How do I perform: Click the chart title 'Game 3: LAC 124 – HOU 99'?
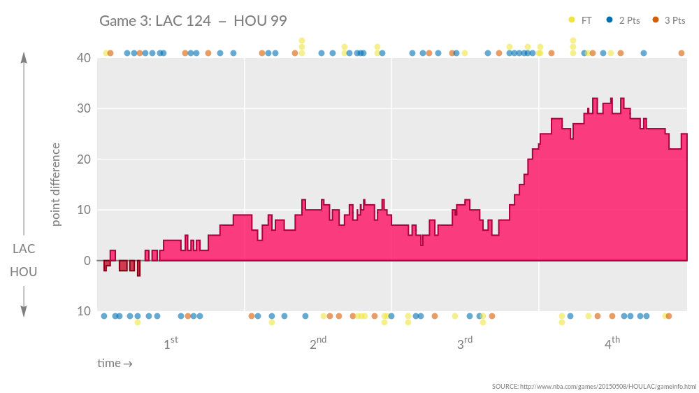[193, 20]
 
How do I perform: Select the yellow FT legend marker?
[572, 20]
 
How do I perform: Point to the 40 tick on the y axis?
[84, 58]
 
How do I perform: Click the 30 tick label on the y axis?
[84, 108]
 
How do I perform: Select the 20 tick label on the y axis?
[84, 159]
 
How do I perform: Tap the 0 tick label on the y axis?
[87, 261]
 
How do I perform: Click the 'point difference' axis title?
[56, 185]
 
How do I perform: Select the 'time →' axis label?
[115, 364]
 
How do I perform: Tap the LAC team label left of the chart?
[24, 249]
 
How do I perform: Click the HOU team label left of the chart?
[24, 271]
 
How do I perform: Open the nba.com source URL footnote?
[593, 387]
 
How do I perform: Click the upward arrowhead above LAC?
[24, 57]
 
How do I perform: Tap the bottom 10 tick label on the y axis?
[84, 311]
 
